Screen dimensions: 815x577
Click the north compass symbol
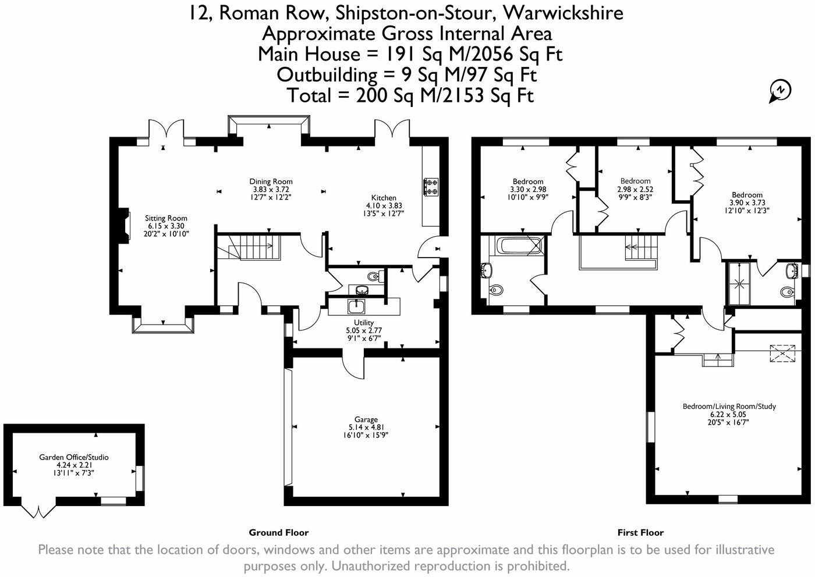pos(779,91)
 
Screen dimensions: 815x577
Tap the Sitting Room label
pos(166,218)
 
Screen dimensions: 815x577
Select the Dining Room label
pos(271,181)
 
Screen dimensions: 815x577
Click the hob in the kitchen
pos(431,187)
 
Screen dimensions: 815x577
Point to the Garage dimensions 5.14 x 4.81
pos(366,427)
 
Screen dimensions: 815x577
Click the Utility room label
pos(364,322)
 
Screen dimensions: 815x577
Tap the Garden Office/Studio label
pos(74,457)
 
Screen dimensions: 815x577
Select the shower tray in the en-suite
pos(738,284)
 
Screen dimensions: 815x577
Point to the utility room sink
pos(356,307)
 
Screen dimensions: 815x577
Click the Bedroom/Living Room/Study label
pos(729,407)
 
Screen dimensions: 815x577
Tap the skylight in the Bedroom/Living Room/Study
pos(782,354)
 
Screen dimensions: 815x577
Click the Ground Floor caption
pos(279,533)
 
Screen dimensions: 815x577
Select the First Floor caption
pos(640,533)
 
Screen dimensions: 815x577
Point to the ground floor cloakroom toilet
pos(374,276)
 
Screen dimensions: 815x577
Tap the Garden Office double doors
pos(38,511)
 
